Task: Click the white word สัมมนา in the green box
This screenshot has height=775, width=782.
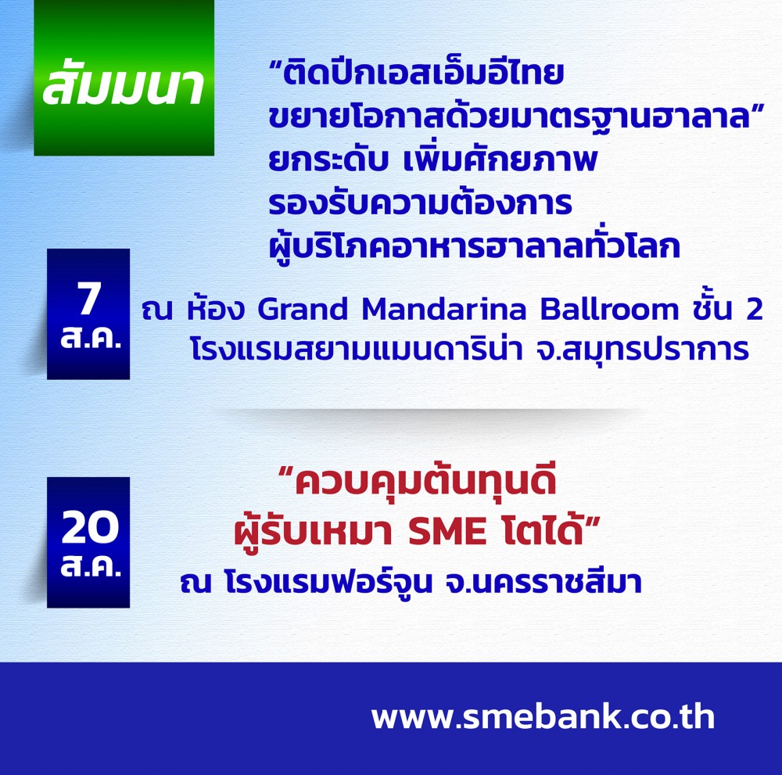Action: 124,84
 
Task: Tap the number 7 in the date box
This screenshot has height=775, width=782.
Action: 89,298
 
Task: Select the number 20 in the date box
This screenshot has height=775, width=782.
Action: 90,528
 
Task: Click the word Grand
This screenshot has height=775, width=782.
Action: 302,309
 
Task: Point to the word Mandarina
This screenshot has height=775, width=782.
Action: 444,309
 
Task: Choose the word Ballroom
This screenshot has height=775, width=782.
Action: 609,309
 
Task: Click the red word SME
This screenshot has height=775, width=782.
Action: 447,532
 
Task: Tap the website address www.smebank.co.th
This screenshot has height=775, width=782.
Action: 543,716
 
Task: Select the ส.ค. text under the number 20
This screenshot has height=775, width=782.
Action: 90,566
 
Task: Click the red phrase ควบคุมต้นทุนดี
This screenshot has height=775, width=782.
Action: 425,481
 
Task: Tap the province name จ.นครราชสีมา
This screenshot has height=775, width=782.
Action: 543,582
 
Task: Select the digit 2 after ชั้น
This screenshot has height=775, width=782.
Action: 754,309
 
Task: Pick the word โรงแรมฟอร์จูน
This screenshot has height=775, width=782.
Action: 328,582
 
